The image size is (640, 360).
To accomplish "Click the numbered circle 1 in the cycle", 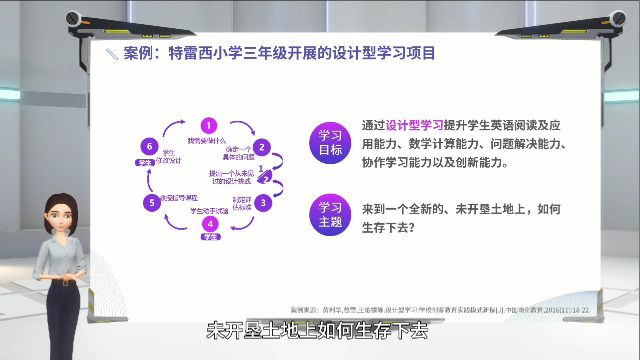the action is pos(209,125).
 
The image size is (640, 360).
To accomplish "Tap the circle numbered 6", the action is pos(149,146).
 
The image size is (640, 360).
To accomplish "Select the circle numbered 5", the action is pos(152,203).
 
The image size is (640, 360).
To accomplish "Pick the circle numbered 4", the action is pos(211,224).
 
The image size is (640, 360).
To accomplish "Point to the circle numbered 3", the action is pos(263,203).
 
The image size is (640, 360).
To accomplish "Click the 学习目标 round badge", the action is pos(330,143).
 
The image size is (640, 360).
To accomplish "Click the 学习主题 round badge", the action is pos(330,215).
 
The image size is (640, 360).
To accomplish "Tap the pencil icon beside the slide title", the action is pos(112,54).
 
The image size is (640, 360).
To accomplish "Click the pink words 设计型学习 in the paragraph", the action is pos(414,125).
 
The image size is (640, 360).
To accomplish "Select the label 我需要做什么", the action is pos(207,141).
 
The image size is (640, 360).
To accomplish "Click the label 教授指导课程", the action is pos(179,197).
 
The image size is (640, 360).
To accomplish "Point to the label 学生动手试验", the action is pos(210,211).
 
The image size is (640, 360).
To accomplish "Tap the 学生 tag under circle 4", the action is pos(211,237).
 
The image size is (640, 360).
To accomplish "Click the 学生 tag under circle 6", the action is pos(145,163).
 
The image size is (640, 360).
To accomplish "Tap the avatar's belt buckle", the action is pos(65,283).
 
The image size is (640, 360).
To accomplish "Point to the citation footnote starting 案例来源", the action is pos(440,310).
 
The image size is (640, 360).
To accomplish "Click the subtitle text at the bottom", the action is pos(317,331).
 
